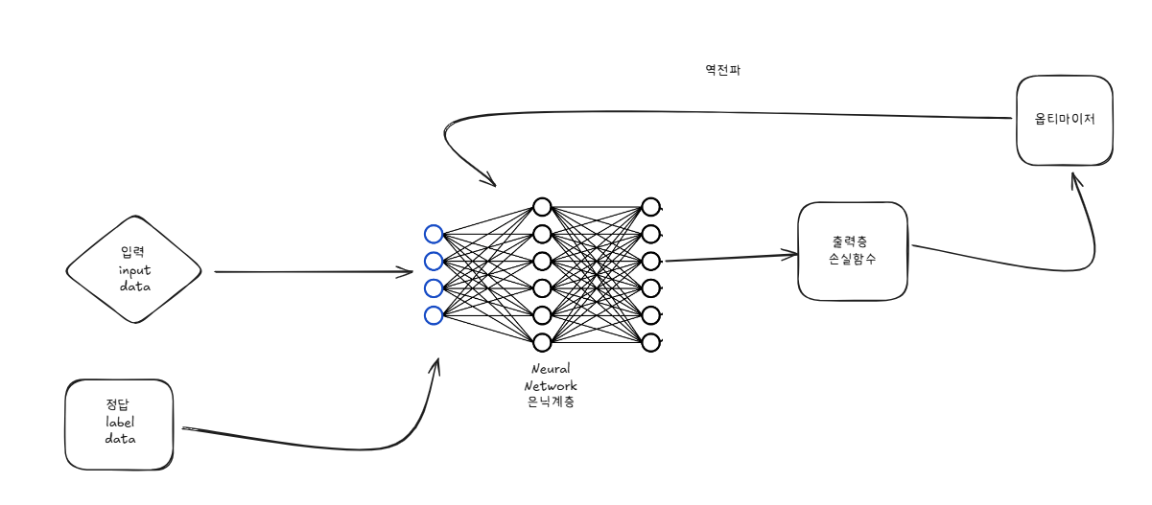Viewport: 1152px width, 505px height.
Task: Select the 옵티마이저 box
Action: click(x=1065, y=121)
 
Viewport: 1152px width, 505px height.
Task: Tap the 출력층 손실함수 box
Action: click(x=853, y=250)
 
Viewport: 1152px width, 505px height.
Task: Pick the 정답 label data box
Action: click(x=120, y=425)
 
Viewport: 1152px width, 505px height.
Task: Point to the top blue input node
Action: click(x=434, y=234)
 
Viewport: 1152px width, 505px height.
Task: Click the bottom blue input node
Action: click(x=434, y=315)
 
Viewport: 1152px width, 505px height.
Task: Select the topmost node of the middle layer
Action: click(x=542, y=207)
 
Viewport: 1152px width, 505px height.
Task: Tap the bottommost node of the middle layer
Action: click(x=542, y=342)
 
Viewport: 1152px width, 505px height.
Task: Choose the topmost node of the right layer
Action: click(x=650, y=207)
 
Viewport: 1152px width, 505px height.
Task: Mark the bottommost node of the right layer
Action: click(x=650, y=342)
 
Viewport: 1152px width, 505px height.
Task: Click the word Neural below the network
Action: click(x=551, y=369)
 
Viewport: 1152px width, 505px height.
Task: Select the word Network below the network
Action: click(x=551, y=386)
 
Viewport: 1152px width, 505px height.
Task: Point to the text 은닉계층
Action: click(x=551, y=403)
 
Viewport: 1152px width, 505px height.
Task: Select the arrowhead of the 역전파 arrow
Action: click(x=490, y=182)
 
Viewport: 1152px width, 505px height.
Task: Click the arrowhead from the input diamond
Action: click(x=408, y=272)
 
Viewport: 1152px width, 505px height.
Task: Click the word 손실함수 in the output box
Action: click(x=853, y=260)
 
